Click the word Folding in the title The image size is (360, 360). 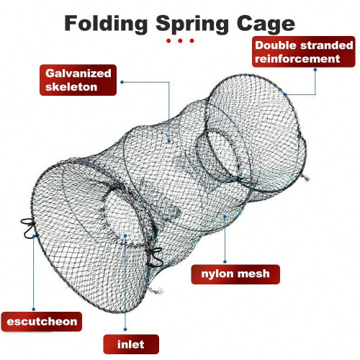tap(106, 24)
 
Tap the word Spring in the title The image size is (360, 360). tap(192, 24)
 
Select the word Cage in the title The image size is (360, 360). tap(266, 24)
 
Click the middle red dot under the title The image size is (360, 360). tap(180, 41)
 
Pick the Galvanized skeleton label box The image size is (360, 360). tap(78, 80)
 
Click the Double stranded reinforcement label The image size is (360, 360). tap(304, 52)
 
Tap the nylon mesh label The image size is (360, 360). tap(235, 274)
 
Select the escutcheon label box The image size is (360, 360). tap(42, 322)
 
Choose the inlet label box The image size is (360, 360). tap(131, 344)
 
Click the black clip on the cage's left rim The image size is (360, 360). tap(27, 228)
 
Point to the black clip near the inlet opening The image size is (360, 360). tap(153, 258)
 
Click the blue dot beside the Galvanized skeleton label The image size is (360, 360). tap(122, 82)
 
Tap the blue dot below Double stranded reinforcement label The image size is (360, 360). tap(315, 70)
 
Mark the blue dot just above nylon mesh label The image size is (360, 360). tap(225, 261)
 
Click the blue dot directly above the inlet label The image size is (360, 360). tap(125, 329)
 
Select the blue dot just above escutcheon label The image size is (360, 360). tap(34, 309)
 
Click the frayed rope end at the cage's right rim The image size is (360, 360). tap(305, 178)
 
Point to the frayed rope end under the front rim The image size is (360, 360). tap(156, 291)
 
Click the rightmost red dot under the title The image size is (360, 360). tap(192, 41)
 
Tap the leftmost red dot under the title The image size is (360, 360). tap(168, 41)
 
